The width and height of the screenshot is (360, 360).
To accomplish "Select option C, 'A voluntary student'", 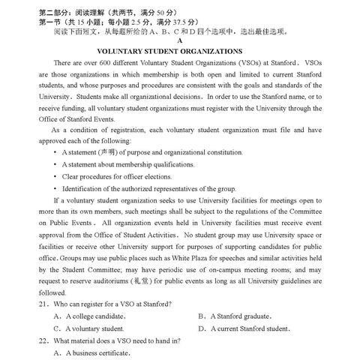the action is [x=89, y=328].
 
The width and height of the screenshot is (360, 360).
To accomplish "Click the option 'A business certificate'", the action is [x=94, y=353].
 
